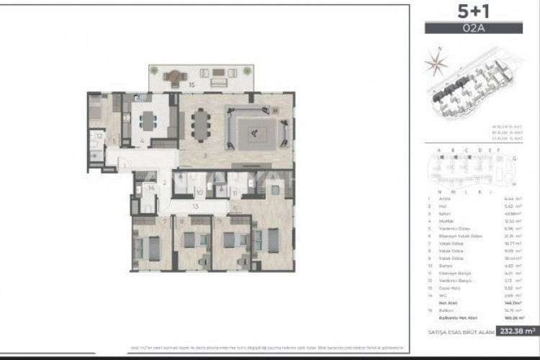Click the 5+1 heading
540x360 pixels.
click(472, 13)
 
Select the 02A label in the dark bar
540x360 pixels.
click(472, 29)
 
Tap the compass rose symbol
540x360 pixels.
click(435, 63)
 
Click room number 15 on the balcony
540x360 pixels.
click(192, 85)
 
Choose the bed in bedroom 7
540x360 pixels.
click(153, 248)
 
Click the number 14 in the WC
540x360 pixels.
click(150, 189)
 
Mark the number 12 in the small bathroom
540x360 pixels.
click(99, 135)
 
